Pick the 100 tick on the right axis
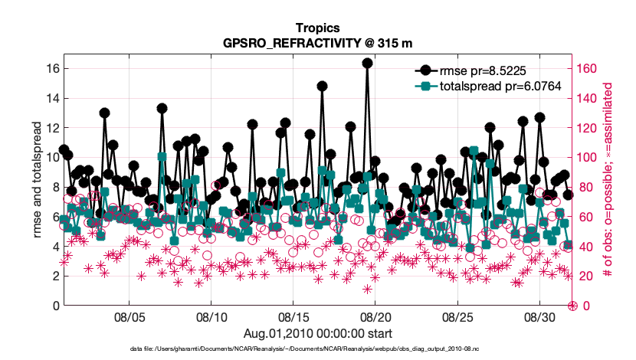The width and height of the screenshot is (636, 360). coord(588,158)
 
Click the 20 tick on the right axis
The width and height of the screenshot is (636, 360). coord(586,276)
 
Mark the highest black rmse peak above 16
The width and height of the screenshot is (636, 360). coord(368,64)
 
